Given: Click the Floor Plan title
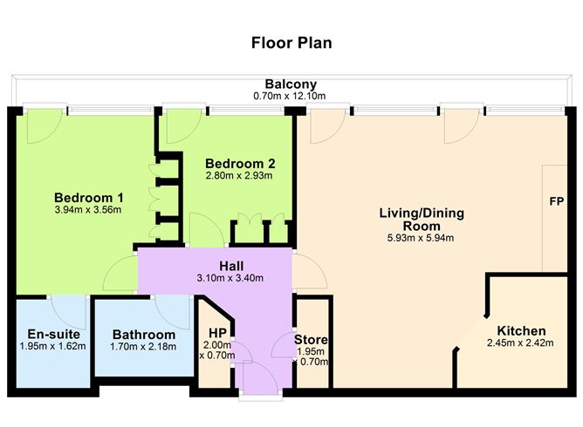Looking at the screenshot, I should (x=291, y=42).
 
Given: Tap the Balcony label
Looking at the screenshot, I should (x=291, y=85).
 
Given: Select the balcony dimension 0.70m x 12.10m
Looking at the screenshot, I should (x=291, y=96).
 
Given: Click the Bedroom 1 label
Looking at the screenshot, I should (x=88, y=196).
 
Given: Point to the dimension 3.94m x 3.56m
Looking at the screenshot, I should (x=88, y=209).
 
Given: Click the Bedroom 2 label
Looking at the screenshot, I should (x=239, y=163).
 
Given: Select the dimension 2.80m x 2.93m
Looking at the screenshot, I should (x=239, y=175).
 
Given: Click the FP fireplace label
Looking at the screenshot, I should (x=556, y=201).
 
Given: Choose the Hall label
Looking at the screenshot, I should (x=230, y=266).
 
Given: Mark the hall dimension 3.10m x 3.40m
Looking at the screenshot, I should (x=230, y=279).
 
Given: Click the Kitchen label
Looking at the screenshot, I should (x=521, y=331).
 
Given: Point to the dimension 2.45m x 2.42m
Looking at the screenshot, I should (x=521, y=344).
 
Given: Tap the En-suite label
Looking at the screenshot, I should (x=49, y=334).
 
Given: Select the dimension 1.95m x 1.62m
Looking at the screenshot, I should (x=49, y=346).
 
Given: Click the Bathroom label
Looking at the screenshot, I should (x=144, y=334).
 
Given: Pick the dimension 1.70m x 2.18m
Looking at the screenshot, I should (x=144, y=346).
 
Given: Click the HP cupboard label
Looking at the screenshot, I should (x=217, y=332).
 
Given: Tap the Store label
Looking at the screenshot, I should (x=310, y=339).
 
